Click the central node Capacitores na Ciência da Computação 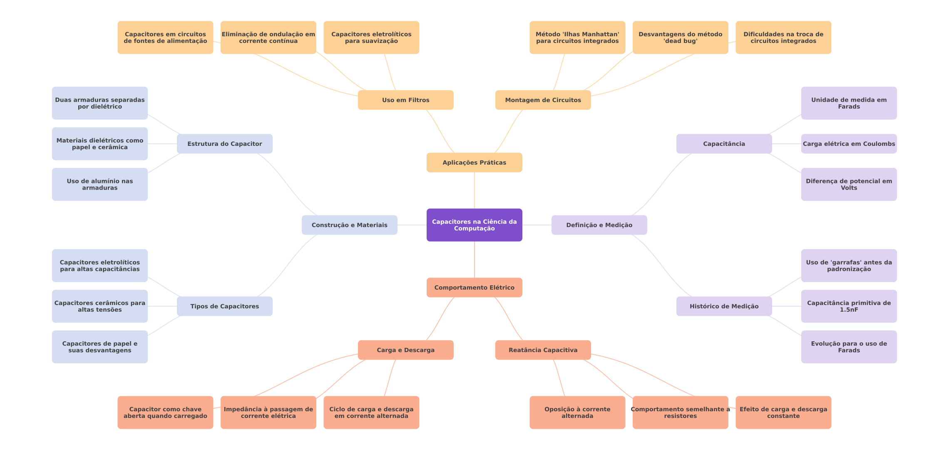(x=474, y=225)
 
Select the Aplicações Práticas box (x=474, y=162)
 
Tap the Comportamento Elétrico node (x=474, y=287)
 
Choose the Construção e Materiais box (x=349, y=225)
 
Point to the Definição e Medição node (x=599, y=225)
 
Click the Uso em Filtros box (x=405, y=100)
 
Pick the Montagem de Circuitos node (x=543, y=100)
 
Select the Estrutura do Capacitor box (x=224, y=144)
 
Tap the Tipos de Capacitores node (x=224, y=306)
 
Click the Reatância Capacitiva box (x=543, y=350)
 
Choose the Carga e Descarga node (x=405, y=350)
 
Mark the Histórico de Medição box (x=724, y=306)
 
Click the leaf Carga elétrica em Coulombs (x=849, y=144)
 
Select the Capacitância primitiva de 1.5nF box (x=849, y=306)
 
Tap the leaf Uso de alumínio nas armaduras (x=99, y=184)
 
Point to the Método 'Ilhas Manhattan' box (x=577, y=37)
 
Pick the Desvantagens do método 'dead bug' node (x=680, y=37)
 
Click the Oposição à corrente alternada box (x=577, y=412)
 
